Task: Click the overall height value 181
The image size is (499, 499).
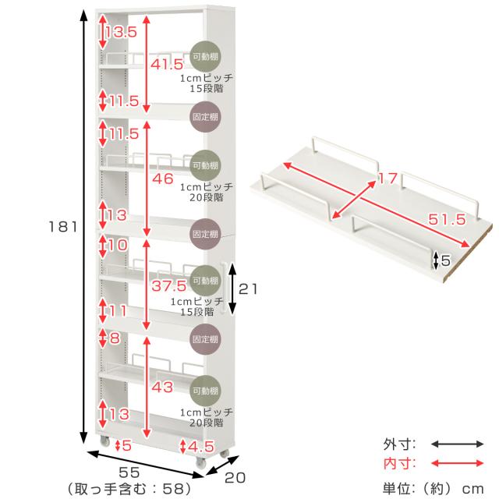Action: point(62,228)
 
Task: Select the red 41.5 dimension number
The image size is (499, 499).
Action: point(166,65)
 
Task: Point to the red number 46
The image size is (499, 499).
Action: point(163,179)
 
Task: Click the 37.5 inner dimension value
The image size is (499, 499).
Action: point(168,287)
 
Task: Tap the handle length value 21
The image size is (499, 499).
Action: point(247,288)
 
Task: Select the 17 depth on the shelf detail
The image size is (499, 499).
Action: point(388,179)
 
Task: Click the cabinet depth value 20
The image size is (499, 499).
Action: point(237,476)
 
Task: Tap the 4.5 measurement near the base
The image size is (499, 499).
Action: point(200,446)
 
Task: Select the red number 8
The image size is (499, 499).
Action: point(115,339)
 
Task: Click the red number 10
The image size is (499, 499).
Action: point(118,246)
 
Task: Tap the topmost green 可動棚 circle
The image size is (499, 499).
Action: point(205,56)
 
